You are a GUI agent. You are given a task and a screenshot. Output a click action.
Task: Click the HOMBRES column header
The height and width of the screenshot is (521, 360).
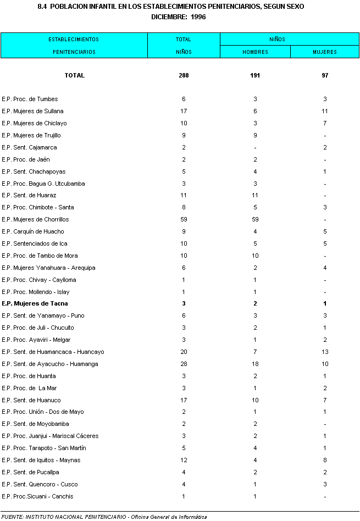[x=255, y=52]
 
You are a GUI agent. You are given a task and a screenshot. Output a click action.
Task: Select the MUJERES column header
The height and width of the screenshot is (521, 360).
[x=325, y=52]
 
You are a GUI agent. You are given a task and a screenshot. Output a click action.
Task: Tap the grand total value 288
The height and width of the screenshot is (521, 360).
[x=184, y=75]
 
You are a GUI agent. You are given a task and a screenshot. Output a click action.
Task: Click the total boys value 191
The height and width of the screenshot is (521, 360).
[x=255, y=75]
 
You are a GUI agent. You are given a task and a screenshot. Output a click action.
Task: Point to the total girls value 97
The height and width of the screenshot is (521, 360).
[x=325, y=75]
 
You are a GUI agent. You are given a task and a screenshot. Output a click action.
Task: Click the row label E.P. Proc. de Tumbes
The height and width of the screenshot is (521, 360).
[x=30, y=99]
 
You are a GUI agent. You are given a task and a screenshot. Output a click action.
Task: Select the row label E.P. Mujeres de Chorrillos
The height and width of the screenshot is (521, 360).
[x=35, y=219]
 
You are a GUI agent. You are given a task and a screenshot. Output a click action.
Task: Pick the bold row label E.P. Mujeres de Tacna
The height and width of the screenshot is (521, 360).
[x=35, y=303]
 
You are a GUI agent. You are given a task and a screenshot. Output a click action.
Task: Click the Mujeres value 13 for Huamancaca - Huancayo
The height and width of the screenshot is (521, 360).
[x=325, y=352]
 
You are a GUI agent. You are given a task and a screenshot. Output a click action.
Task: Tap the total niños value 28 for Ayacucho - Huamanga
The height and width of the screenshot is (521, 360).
[x=184, y=364]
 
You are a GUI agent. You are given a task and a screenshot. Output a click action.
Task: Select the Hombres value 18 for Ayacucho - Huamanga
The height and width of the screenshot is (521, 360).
[x=255, y=364]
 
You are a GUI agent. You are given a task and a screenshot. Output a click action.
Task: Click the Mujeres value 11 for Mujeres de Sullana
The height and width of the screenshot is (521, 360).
[x=325, y=111]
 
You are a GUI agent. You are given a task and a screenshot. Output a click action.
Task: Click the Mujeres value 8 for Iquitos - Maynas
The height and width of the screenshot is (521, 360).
[x=325, y=460]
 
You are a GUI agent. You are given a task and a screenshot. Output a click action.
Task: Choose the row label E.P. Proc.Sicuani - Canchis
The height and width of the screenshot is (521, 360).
[x=37, y=496]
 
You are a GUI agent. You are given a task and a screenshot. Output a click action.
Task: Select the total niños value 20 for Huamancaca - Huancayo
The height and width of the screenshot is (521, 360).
[x=184, y=352]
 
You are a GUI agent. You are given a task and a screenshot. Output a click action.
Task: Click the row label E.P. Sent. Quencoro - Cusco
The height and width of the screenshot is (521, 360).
[x=40, y=484]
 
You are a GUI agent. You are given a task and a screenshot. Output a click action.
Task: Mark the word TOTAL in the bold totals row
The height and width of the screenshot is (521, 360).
[x=75, y=75]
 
